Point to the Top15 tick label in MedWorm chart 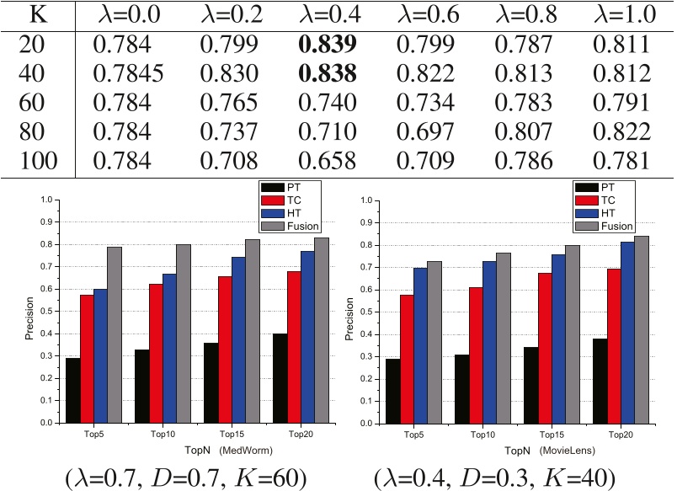coord(231,434)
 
